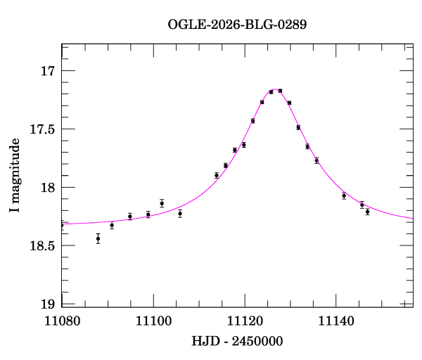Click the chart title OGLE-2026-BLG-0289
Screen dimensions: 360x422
[237, 24]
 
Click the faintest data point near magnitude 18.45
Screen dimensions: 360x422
[98, 239]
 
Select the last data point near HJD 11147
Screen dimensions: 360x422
[367, 212]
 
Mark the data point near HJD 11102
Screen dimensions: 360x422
[162, 203]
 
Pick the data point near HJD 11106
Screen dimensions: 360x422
[180, 213]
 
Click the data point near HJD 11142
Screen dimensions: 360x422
[344, 195]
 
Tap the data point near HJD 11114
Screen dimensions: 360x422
[217, 175]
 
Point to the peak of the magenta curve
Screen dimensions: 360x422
[274, 90]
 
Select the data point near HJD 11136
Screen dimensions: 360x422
[316, 160]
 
